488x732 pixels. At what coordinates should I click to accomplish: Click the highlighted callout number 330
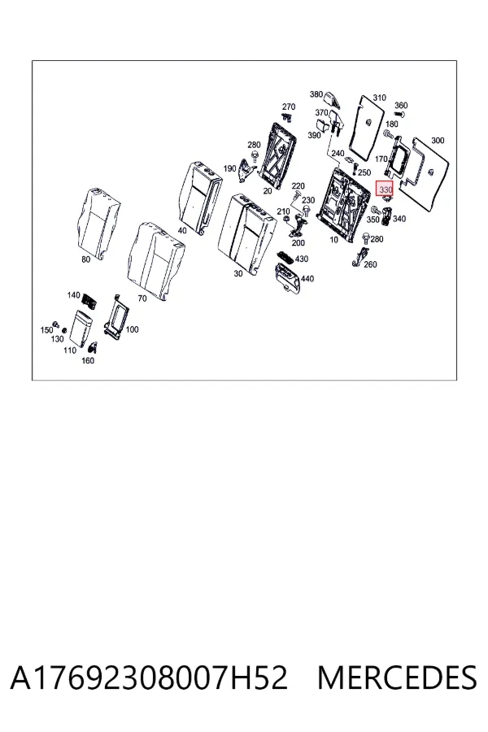click(386, 190)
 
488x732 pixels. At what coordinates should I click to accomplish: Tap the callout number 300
click(438, 140)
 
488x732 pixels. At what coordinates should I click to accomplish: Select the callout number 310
click(379, 98)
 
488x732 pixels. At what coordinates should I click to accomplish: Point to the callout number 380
click(316, 94)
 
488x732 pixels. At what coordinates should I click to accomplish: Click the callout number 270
click(289, 107)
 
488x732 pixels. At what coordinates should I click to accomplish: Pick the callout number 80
click(86, 259)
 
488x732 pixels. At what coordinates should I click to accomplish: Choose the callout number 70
click(142, 298)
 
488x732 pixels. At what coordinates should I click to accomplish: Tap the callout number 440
click(307, 279)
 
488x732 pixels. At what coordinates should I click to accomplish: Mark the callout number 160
click(88, 360)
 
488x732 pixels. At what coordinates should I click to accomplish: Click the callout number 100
click(132, 329)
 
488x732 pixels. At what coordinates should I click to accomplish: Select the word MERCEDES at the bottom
click(397, 678)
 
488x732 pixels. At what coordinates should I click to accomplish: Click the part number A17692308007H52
click(149, 678)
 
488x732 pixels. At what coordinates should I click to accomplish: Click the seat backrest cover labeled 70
click(155, 261)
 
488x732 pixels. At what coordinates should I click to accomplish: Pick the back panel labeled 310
click(367, 126)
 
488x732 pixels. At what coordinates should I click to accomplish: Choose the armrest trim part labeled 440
click(288, 278)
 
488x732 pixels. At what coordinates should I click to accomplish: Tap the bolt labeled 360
click(399, 114)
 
